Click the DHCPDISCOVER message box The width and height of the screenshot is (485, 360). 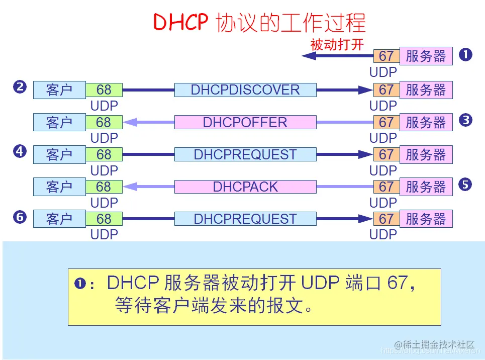(245, 90)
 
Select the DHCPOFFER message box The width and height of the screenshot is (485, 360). (245, 122)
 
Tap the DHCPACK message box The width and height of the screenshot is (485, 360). (245, 187)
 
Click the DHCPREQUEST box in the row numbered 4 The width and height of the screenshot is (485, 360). (245, 154)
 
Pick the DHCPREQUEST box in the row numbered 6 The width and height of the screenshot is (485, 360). (245, 219)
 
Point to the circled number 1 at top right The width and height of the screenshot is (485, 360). (465, 55)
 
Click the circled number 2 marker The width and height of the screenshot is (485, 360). (20, 87)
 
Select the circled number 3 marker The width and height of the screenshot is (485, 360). (465, 120)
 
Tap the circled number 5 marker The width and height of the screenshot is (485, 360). (465, 185)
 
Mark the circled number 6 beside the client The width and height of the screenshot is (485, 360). (20, 217)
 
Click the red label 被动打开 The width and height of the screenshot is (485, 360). (337, 44)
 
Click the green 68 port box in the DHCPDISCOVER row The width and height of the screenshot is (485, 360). (104, 90)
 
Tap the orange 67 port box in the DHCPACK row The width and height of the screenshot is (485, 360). (386, 187)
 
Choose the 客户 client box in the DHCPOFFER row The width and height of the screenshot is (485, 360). (59, 122)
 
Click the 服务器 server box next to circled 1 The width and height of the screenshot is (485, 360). (426, 56)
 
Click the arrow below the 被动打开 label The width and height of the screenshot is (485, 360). (337, 56)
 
